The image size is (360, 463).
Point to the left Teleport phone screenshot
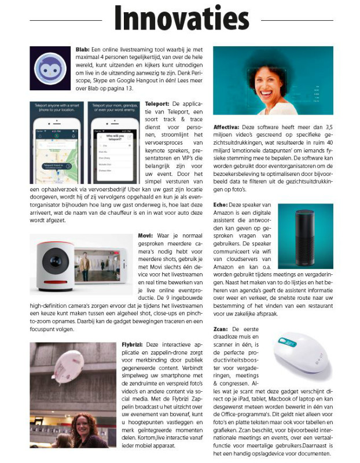click(x=57, y=142)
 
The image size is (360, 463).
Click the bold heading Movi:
click(x=145, y=236)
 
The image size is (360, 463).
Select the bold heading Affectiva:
click(x=228, y=125)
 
